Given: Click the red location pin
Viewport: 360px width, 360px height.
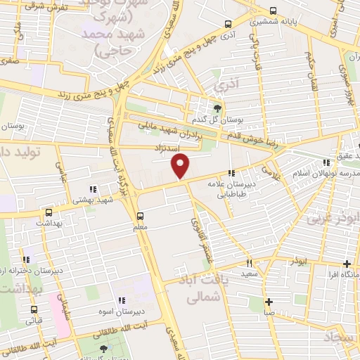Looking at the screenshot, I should tap(181, 166).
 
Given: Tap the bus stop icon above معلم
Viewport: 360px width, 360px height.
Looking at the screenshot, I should tap(141, 215).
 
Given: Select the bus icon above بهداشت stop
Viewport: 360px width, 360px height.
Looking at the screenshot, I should tap(49, 212).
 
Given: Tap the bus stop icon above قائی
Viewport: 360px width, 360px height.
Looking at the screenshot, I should tap(34, 309).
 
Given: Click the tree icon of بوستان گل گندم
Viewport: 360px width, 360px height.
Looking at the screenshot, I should tap(217, 108).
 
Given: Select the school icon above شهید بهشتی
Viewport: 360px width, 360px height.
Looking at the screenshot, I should tap(93, 188).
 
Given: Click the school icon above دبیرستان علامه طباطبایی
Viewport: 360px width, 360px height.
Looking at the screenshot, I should tap(231, 173).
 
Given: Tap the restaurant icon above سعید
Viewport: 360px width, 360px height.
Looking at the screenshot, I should tap(248, 264).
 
